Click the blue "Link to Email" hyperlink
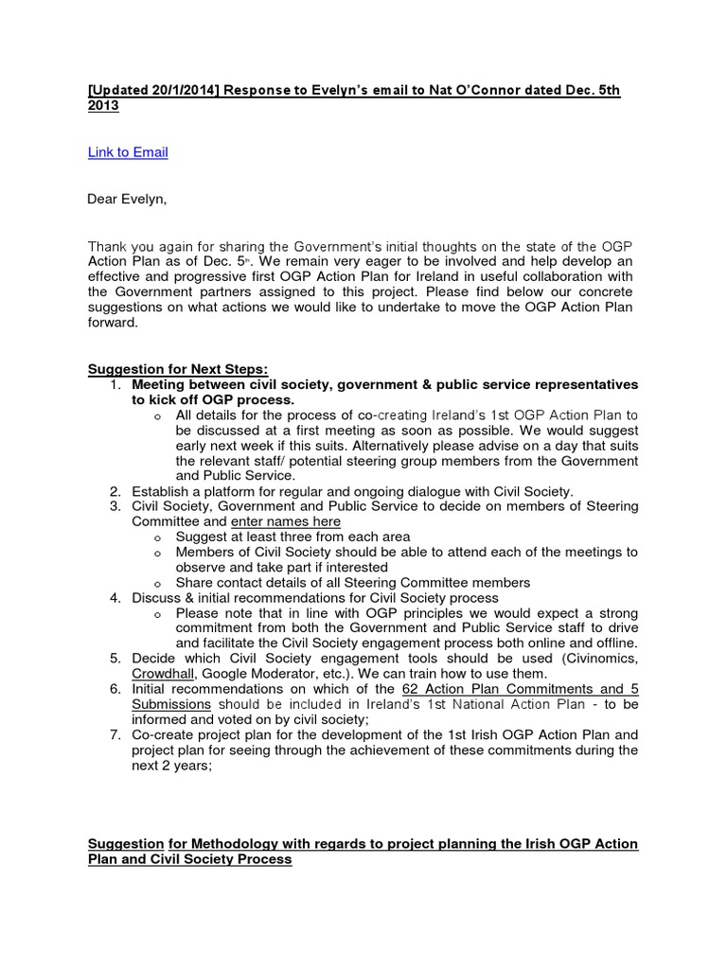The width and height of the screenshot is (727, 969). coord(128,152)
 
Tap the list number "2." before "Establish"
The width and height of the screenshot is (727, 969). coord(115,491)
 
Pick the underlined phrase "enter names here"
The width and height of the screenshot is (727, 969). coord(286,521)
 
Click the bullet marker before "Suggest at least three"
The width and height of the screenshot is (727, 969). coord(156,537)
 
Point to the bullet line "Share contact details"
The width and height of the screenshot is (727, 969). coord(352,583)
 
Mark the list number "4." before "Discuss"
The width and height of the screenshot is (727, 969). coord(115,598)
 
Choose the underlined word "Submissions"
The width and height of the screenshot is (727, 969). coord(171,704)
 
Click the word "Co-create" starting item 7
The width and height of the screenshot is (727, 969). coord(163,735)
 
